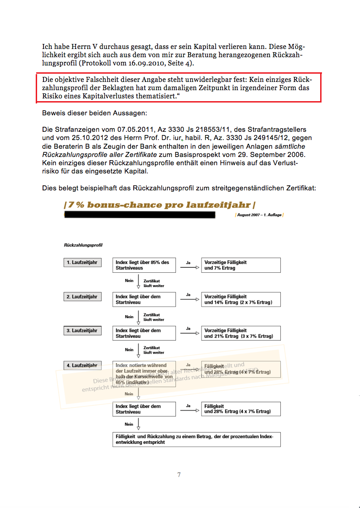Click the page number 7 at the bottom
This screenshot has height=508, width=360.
tap(179, 475)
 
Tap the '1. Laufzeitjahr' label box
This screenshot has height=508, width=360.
tap(82, 263)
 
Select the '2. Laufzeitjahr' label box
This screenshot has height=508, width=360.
tap(82, 297)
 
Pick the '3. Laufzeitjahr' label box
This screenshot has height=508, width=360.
tap(82, 330)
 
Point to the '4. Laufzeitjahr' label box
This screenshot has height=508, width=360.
tap(82, 365)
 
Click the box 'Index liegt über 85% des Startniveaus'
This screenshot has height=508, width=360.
tap(144, 265)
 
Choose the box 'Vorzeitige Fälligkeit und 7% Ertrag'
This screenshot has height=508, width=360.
tap(241, 265)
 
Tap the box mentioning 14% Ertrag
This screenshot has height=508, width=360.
tap(241, 299)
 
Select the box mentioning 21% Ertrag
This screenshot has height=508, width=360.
tap(241, 333)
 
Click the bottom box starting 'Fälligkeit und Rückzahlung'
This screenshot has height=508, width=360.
tap(196, 439)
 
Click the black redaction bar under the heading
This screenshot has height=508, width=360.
tap(139, 215)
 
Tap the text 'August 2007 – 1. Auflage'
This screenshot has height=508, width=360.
tap(259, 215)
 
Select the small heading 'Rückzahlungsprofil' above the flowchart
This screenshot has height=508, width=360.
tap(83, 245)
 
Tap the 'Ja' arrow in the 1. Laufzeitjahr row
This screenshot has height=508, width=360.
tap(189, 266)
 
